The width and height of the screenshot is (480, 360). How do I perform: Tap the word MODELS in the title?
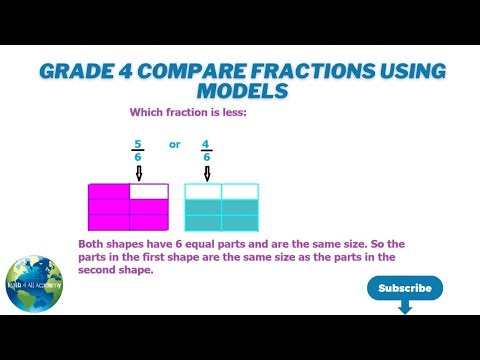click(x=240, y=91)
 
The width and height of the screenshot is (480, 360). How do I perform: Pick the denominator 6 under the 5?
click(x=139, y=157)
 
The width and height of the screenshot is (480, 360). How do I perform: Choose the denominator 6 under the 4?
click(x=207, y=157)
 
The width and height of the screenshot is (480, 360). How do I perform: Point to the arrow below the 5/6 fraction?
click(x=139, y=174)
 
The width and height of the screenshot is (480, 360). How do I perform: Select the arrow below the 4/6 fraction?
click(x=207, y=174)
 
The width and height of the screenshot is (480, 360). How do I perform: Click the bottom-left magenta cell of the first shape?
click(x=110, y=225)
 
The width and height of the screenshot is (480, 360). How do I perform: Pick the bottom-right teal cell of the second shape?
click(x=239, y=225)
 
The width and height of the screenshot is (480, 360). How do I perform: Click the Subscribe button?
click(x=405, y=288)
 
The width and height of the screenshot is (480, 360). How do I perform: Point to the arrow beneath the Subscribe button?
click(x=405, y=308)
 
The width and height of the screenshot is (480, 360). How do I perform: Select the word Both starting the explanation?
click(x=94, y=244)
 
